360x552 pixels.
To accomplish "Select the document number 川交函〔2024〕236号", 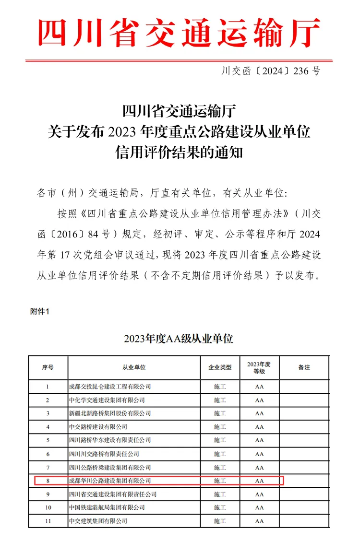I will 270,71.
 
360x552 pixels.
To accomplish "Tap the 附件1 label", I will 40,311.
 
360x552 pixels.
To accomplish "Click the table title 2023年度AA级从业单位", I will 178,339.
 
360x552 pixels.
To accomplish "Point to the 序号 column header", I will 48,367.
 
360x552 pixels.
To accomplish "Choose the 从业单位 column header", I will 134,367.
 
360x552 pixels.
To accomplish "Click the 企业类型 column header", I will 219,367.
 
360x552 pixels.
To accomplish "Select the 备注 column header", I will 304,367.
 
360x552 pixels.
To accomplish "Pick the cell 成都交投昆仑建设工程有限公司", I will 110,387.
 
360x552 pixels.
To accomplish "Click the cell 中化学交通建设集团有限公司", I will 107,400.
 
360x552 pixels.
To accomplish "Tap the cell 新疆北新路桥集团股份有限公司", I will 110,413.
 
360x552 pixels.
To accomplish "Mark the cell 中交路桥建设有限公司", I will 98,427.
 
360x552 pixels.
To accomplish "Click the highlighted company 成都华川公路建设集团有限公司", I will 110,481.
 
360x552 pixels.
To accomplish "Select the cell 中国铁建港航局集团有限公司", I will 107,507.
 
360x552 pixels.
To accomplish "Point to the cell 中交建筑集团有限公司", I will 98,521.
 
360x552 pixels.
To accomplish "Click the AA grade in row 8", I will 259,481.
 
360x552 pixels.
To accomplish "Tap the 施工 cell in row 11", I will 219,521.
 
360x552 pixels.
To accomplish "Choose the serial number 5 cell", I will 48,440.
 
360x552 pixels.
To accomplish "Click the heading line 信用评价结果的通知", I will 179,153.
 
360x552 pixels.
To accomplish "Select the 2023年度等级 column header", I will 259,367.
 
